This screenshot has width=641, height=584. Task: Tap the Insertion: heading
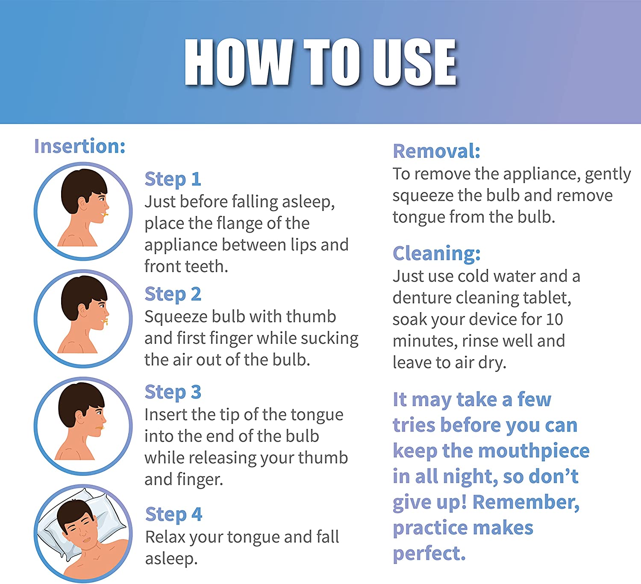[79, 146]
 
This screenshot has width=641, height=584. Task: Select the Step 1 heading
[173, 179]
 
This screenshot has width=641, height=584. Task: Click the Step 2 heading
[173, 294]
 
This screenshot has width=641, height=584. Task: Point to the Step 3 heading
[173, 392]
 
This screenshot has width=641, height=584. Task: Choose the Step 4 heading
[173, 514]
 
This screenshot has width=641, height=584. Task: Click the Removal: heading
[436, 151]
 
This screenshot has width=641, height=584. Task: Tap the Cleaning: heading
[436, 254]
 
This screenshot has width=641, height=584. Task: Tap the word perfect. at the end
[429, 554]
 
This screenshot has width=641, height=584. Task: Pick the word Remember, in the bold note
[526, 502]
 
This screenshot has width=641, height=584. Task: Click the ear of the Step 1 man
[82, 204]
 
